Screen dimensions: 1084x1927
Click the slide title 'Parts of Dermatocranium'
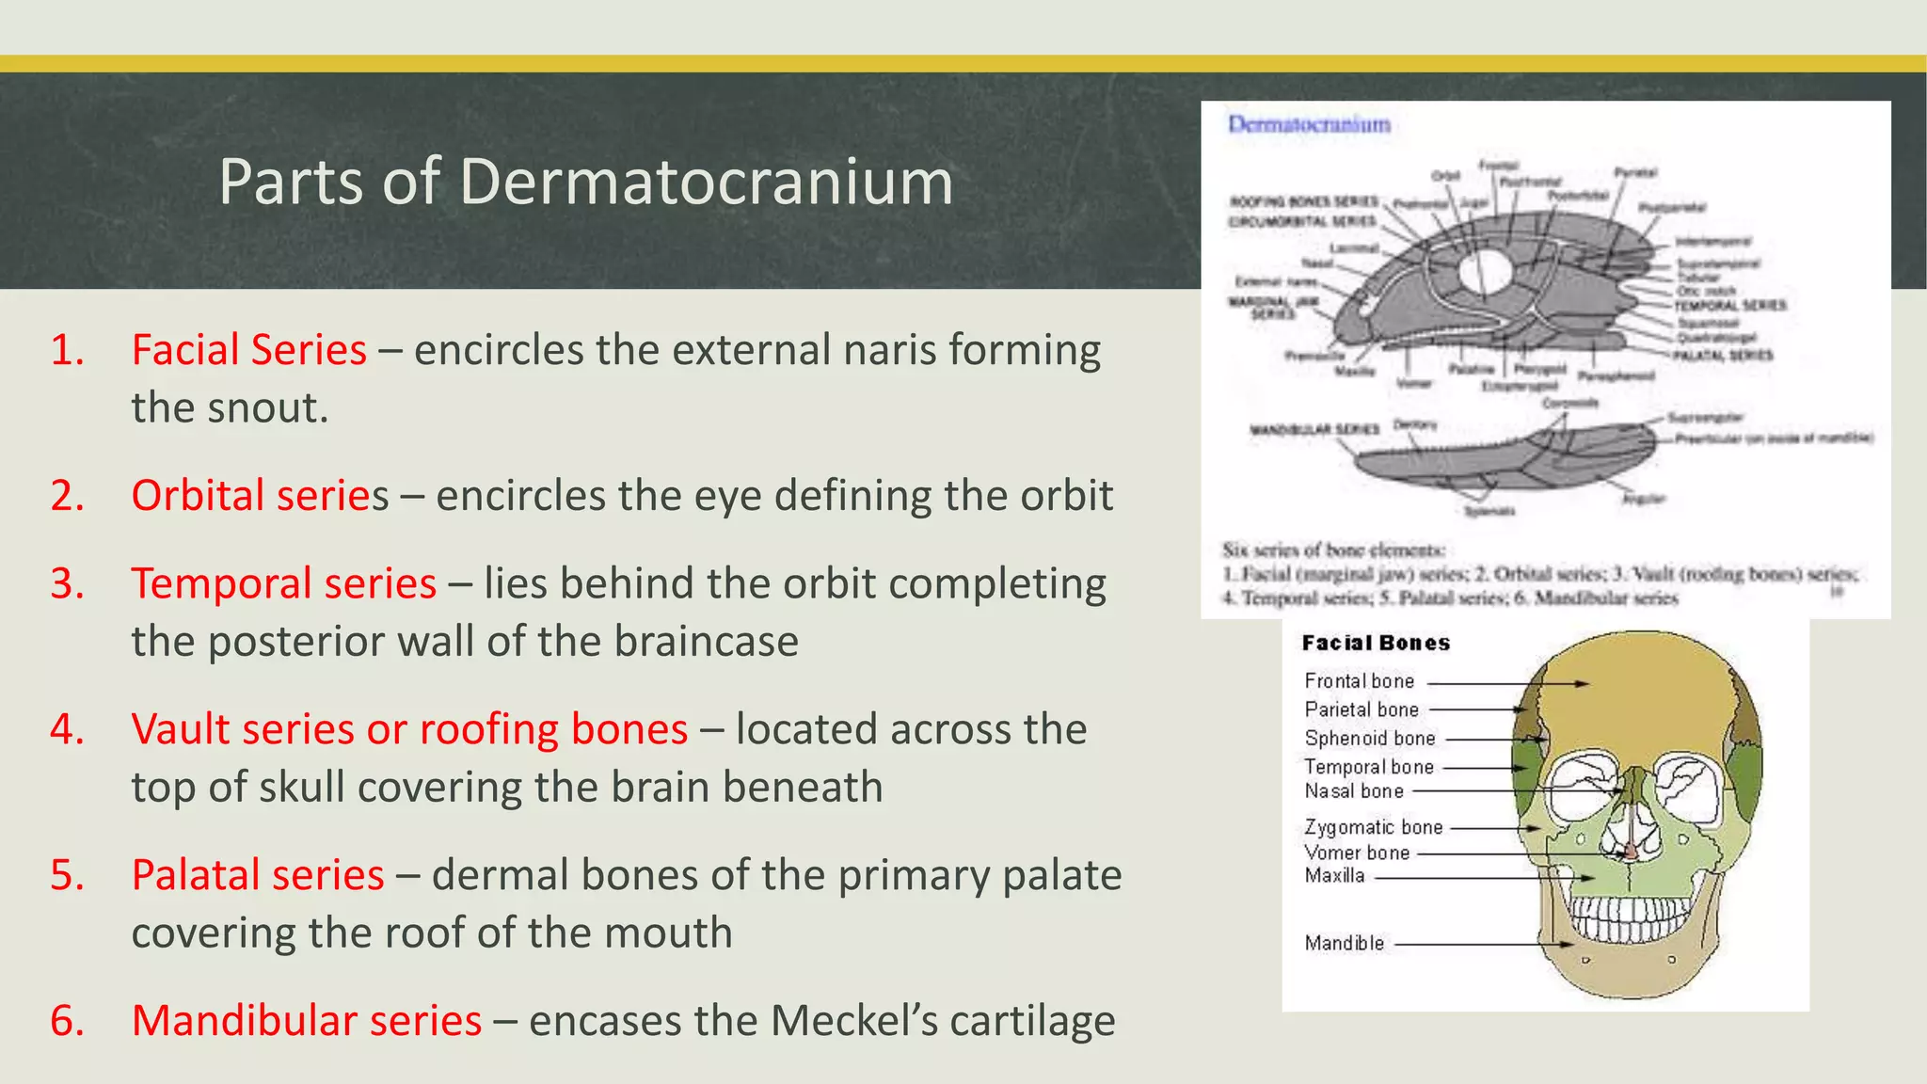click(x=585, y=181)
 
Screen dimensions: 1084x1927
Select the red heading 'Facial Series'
click(x=248, y=350)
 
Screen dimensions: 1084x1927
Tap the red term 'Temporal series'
click(x=283, y=583)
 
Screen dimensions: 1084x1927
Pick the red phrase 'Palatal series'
click(x=258, y=875)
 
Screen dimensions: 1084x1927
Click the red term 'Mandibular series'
click(x=306, y=1021)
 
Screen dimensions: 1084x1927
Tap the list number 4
click(x=68, y=729)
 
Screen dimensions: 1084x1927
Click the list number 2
click(x=68, y=496)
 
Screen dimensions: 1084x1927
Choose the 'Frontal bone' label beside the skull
click(x=1359, y=681)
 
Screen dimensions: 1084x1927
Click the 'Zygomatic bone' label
click(x=1373, y=827)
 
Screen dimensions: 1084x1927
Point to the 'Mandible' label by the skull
click(x=1344, y=943)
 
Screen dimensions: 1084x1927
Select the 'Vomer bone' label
click(x=1357, y=853)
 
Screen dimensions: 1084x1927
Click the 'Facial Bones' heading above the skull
click(x=1376, y=644)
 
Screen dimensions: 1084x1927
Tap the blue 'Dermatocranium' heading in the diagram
click(x=1309, y=124)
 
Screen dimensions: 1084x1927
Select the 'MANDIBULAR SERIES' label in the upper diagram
click(x=1314, y=429)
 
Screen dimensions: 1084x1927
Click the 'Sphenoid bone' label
click(x=1369, y=739)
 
